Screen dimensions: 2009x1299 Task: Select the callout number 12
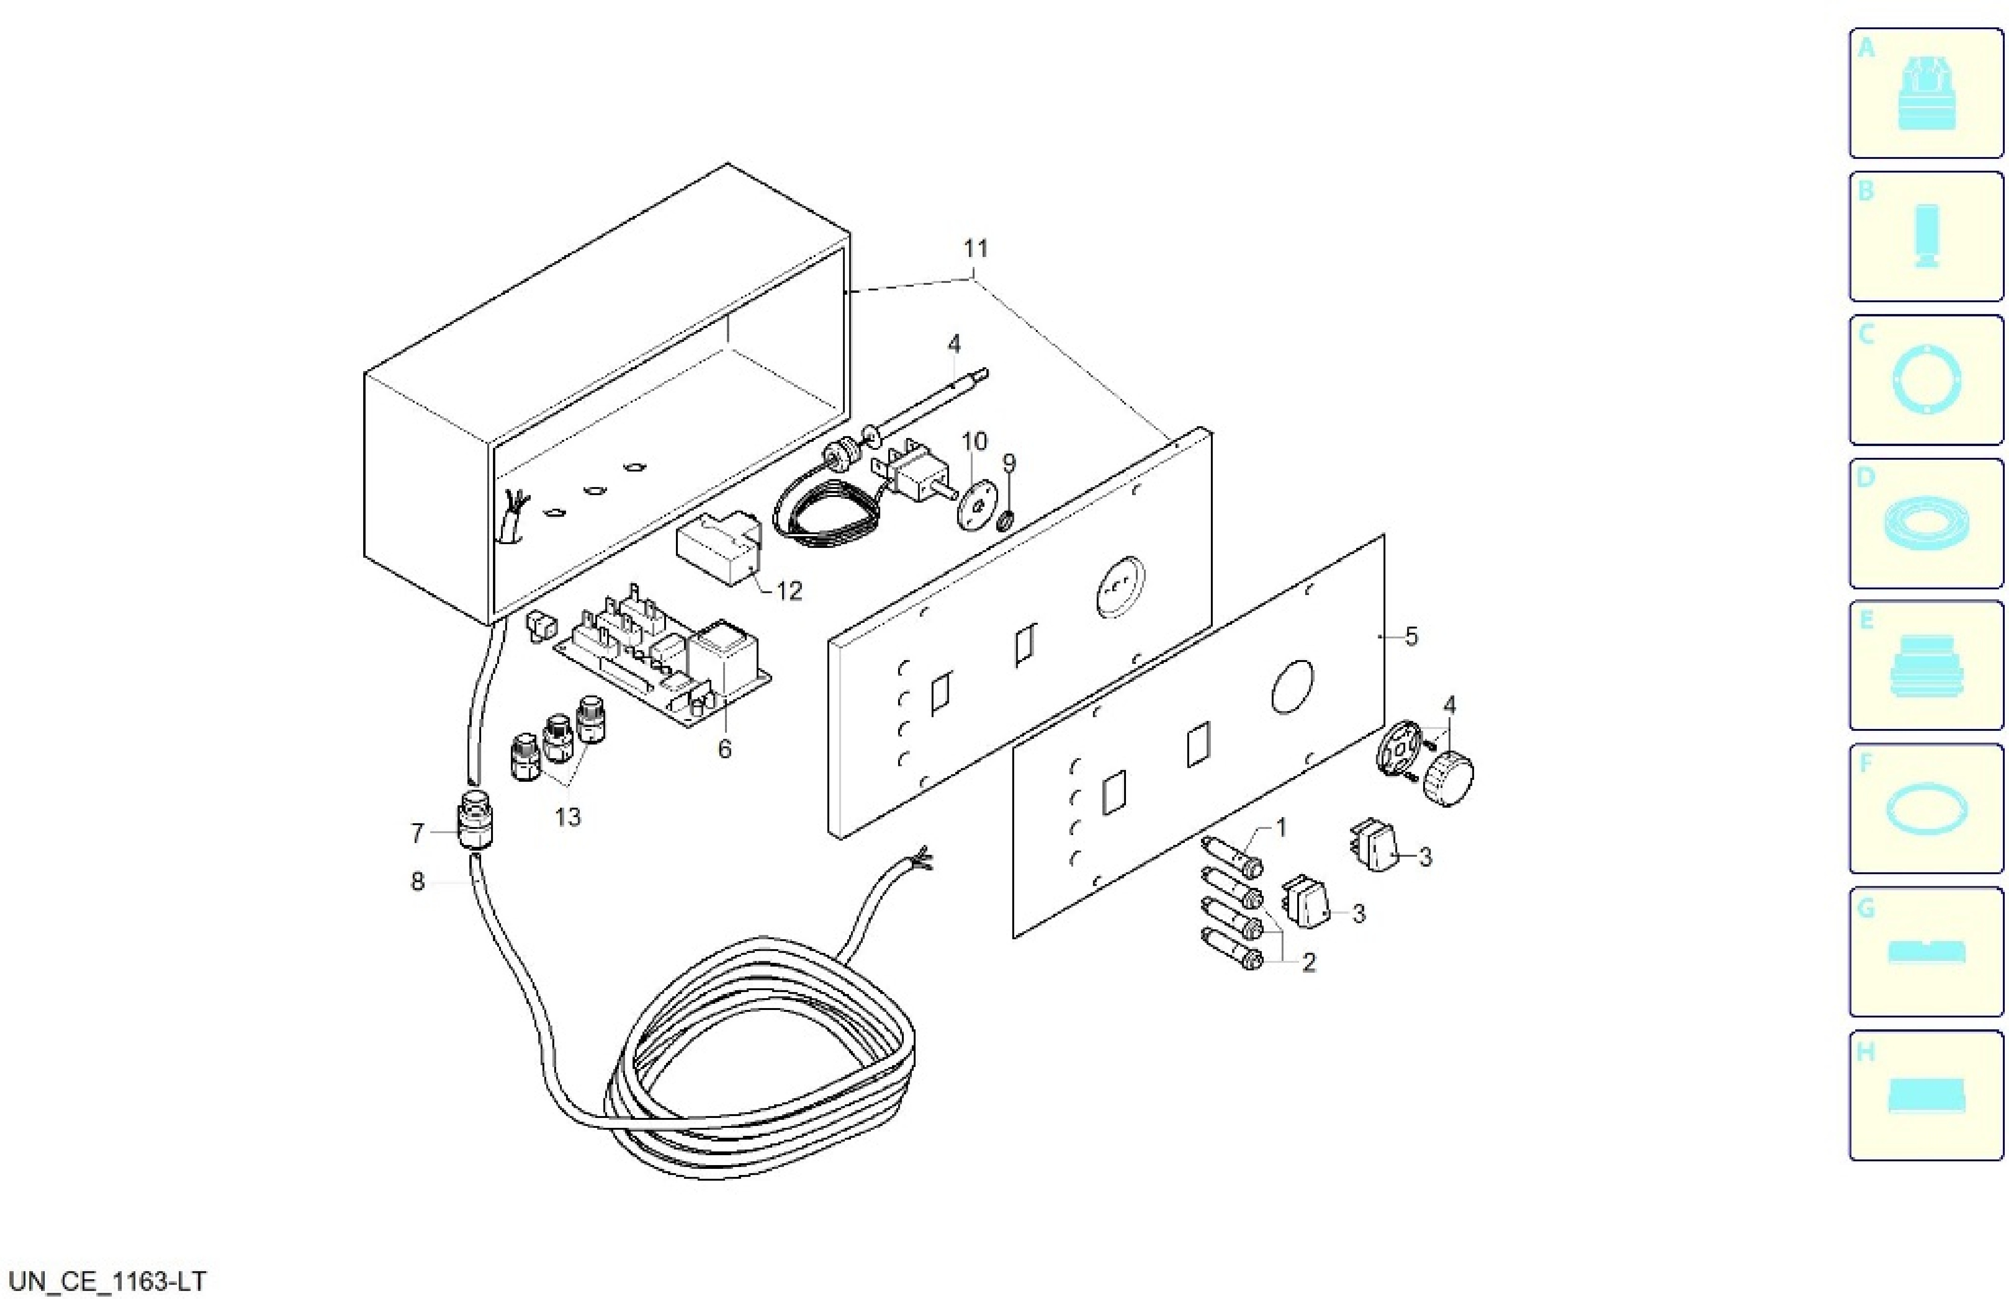click(789, 591)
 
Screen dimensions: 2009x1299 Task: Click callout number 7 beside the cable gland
click(417, 833)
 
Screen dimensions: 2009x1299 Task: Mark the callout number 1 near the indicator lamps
click(1281, 828)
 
